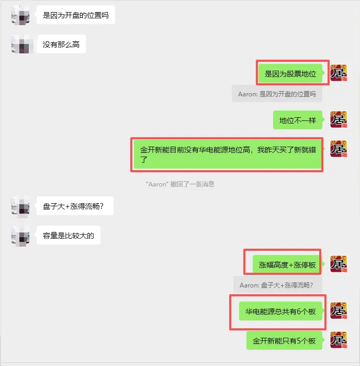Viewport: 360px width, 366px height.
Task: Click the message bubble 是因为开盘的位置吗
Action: (76, 15)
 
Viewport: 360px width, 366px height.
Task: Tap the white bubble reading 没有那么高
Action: (61, 45)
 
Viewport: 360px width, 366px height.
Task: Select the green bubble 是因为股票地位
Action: (290, 74)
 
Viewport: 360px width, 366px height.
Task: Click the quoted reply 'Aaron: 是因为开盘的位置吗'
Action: (277, 94)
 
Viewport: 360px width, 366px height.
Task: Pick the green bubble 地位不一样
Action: (297, 120)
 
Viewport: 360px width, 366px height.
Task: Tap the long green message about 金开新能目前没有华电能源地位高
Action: (227, 154)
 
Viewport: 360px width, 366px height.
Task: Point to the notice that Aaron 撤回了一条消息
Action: (180, 184)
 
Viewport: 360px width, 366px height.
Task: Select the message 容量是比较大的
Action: (69, 236)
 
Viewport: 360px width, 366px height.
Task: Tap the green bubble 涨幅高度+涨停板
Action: (287, 265)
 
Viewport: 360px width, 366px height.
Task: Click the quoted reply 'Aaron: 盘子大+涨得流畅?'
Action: (276, 285)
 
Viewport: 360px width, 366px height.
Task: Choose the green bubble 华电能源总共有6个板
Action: (280, 312)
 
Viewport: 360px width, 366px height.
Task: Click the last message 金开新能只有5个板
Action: (284, 341)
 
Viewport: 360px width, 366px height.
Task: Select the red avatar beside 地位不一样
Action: (339, 120)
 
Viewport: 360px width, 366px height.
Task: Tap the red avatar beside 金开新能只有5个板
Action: (339, 340)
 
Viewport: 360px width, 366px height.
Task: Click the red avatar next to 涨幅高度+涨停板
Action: (339, 264)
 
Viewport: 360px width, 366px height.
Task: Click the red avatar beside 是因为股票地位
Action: (339, 73)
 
